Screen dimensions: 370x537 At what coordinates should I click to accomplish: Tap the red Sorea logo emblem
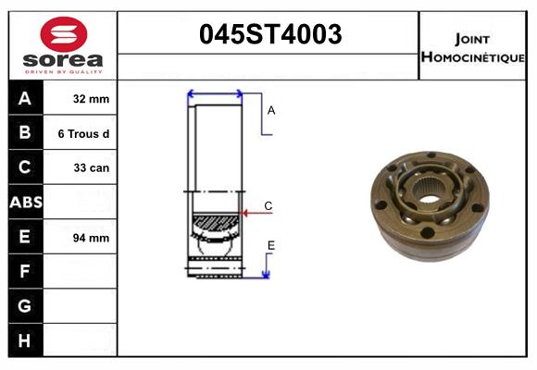62,35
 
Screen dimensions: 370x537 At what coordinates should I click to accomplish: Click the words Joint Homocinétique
472,47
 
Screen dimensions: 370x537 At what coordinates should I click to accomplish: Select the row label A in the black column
25,99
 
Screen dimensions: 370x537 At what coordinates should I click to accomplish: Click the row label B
25,133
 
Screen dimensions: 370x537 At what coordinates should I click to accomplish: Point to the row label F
25,272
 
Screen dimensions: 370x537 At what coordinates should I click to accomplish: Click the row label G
25,306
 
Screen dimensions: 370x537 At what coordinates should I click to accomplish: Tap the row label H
25,340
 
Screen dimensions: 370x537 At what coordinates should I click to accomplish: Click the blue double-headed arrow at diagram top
215,94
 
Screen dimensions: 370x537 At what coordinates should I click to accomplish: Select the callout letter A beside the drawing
271,110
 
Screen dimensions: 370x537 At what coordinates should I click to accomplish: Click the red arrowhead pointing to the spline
245,214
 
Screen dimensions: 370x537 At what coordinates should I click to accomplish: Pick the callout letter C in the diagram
268,205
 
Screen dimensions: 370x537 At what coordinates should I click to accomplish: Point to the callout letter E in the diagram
270,245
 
